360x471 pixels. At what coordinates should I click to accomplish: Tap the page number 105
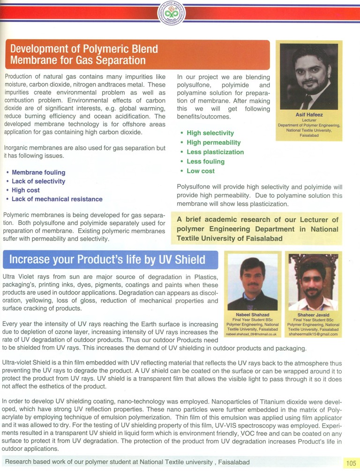[351, 463]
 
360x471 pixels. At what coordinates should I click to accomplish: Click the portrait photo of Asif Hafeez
[309, 77]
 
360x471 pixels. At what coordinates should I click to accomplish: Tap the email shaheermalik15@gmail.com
[313, 334]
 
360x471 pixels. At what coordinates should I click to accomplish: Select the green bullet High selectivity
[210, 133]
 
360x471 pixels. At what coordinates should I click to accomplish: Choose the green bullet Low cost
[201, 171]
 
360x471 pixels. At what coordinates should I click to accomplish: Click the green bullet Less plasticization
[215, 152]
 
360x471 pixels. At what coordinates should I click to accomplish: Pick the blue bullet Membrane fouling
[38, 172]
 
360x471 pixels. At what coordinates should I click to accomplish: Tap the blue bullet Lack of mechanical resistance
[57, 199]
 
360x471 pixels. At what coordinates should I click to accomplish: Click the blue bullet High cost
[26, 190]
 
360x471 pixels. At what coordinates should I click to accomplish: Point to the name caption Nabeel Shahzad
[252, 315]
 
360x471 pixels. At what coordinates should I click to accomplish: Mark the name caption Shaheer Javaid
[313, 315]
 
